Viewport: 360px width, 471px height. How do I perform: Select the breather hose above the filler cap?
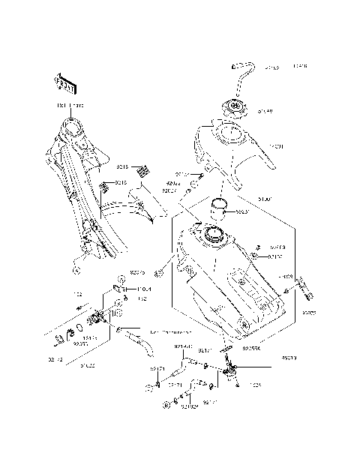[244, 75]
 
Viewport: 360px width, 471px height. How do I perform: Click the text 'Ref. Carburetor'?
[170, 331]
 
